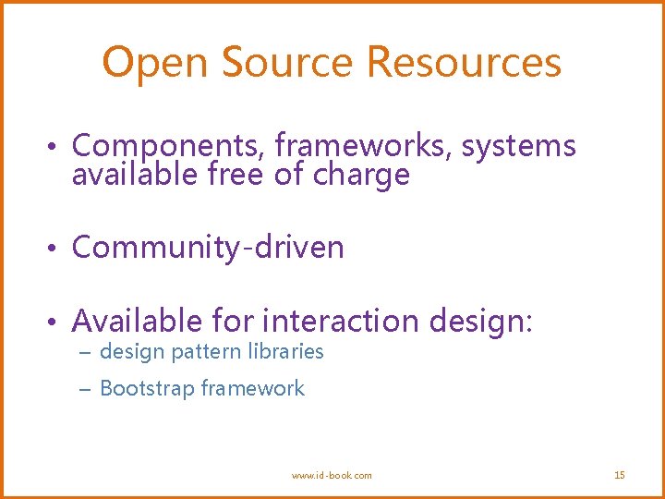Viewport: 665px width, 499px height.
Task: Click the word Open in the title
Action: [156, 63]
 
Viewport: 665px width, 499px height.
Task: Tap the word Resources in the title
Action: [464, 63]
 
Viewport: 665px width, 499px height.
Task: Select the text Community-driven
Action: [208, 248]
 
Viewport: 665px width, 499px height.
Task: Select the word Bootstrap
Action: [147, 389]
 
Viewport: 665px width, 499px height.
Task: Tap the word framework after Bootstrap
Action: [253, 388]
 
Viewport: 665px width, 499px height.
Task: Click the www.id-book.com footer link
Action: [332, 475]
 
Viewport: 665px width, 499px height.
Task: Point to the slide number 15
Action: [620, 475]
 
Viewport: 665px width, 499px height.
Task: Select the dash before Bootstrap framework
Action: [86, 390]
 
